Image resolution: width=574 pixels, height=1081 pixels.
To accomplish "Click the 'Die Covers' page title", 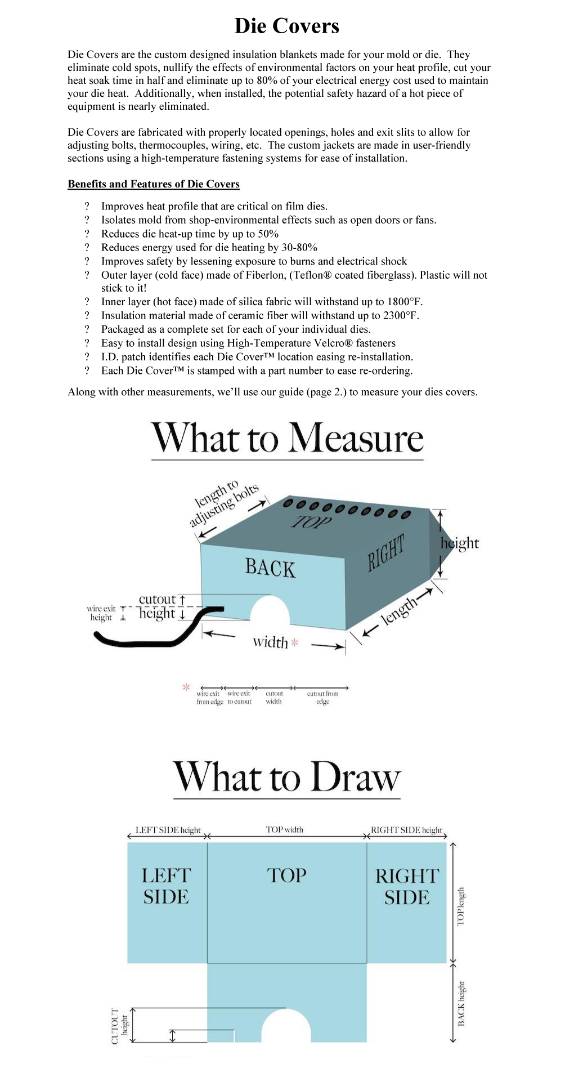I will [286, 26].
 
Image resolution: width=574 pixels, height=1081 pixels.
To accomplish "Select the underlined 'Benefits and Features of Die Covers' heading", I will [154, 184].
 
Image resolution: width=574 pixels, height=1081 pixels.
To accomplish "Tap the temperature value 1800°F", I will [405, 302].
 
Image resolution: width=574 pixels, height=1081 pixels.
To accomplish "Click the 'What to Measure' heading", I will [287, 439].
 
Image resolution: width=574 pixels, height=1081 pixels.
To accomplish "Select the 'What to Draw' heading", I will [287, 778].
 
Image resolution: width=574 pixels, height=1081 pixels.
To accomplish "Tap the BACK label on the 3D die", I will [270, 568].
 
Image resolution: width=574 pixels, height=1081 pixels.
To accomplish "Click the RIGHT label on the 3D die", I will [386, 553].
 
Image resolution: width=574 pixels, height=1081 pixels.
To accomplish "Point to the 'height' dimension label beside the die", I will [460, 543].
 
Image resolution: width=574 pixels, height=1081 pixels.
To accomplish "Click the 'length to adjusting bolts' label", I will [223, 503].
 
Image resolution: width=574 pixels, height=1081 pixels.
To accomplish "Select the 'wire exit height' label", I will [101, 613].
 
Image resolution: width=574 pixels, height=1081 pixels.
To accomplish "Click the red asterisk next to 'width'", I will [294, 642].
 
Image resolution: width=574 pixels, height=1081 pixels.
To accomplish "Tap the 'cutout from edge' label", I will [322, 698].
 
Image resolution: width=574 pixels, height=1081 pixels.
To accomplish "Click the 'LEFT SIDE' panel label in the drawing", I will [166, 886].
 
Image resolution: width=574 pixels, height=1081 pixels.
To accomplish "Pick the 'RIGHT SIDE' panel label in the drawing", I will [406, 886].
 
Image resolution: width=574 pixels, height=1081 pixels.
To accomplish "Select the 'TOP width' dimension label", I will [284, 829].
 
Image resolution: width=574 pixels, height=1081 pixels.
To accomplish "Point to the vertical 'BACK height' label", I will [461, 1003].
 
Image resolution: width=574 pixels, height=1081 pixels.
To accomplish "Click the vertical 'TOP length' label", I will [461, 906].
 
